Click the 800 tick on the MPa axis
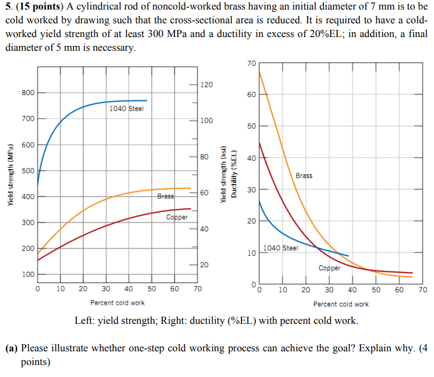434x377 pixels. pos(28,93)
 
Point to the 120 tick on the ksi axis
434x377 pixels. pos(206,85)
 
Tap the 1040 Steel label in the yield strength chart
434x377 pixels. pos(126,109)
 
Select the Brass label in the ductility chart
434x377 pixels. pos(304,176)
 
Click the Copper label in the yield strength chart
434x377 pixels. pos(177,217)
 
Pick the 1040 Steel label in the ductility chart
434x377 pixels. pos(280,248)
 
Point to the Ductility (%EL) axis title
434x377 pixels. pos(234,172)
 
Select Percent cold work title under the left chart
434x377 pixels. pos(117,303)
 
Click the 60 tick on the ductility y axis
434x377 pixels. pos(252,95)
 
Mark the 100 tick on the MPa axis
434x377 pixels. pos(28,274)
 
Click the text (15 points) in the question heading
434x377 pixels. pos(41,7)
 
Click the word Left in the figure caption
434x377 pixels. pos(85,321)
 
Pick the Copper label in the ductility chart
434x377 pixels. pos(329,268)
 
